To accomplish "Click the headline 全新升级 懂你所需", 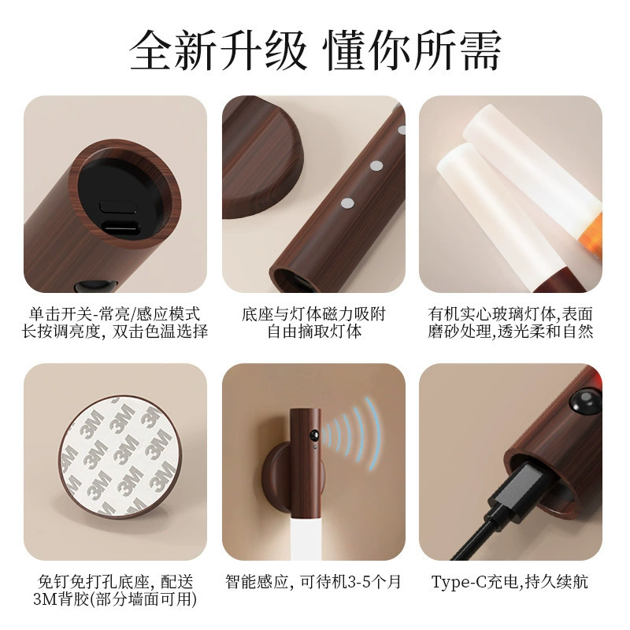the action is (x=316, y=51).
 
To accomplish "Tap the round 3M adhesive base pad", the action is (x=120, y=456).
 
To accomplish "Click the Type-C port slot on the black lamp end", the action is (x=120, y=227).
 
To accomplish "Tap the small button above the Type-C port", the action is (x=119, y=206).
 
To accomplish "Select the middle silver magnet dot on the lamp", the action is (x=376, y=165).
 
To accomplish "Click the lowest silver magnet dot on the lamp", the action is (x=347, y=203).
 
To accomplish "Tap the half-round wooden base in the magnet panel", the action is (x=261, y=157).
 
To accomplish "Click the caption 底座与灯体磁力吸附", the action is (x=313, y=314).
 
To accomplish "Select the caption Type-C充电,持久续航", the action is (x=510, y=582).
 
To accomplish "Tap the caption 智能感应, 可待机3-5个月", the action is (x=313, y=582).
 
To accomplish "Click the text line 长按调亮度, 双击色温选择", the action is (x=115, y=332).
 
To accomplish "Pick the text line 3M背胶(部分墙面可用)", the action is (x=115, y=599).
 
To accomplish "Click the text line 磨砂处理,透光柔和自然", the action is (x=510, y=332).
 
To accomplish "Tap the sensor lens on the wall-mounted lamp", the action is (x=313, y=435).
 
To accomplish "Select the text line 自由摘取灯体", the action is (x=314, y=332).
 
